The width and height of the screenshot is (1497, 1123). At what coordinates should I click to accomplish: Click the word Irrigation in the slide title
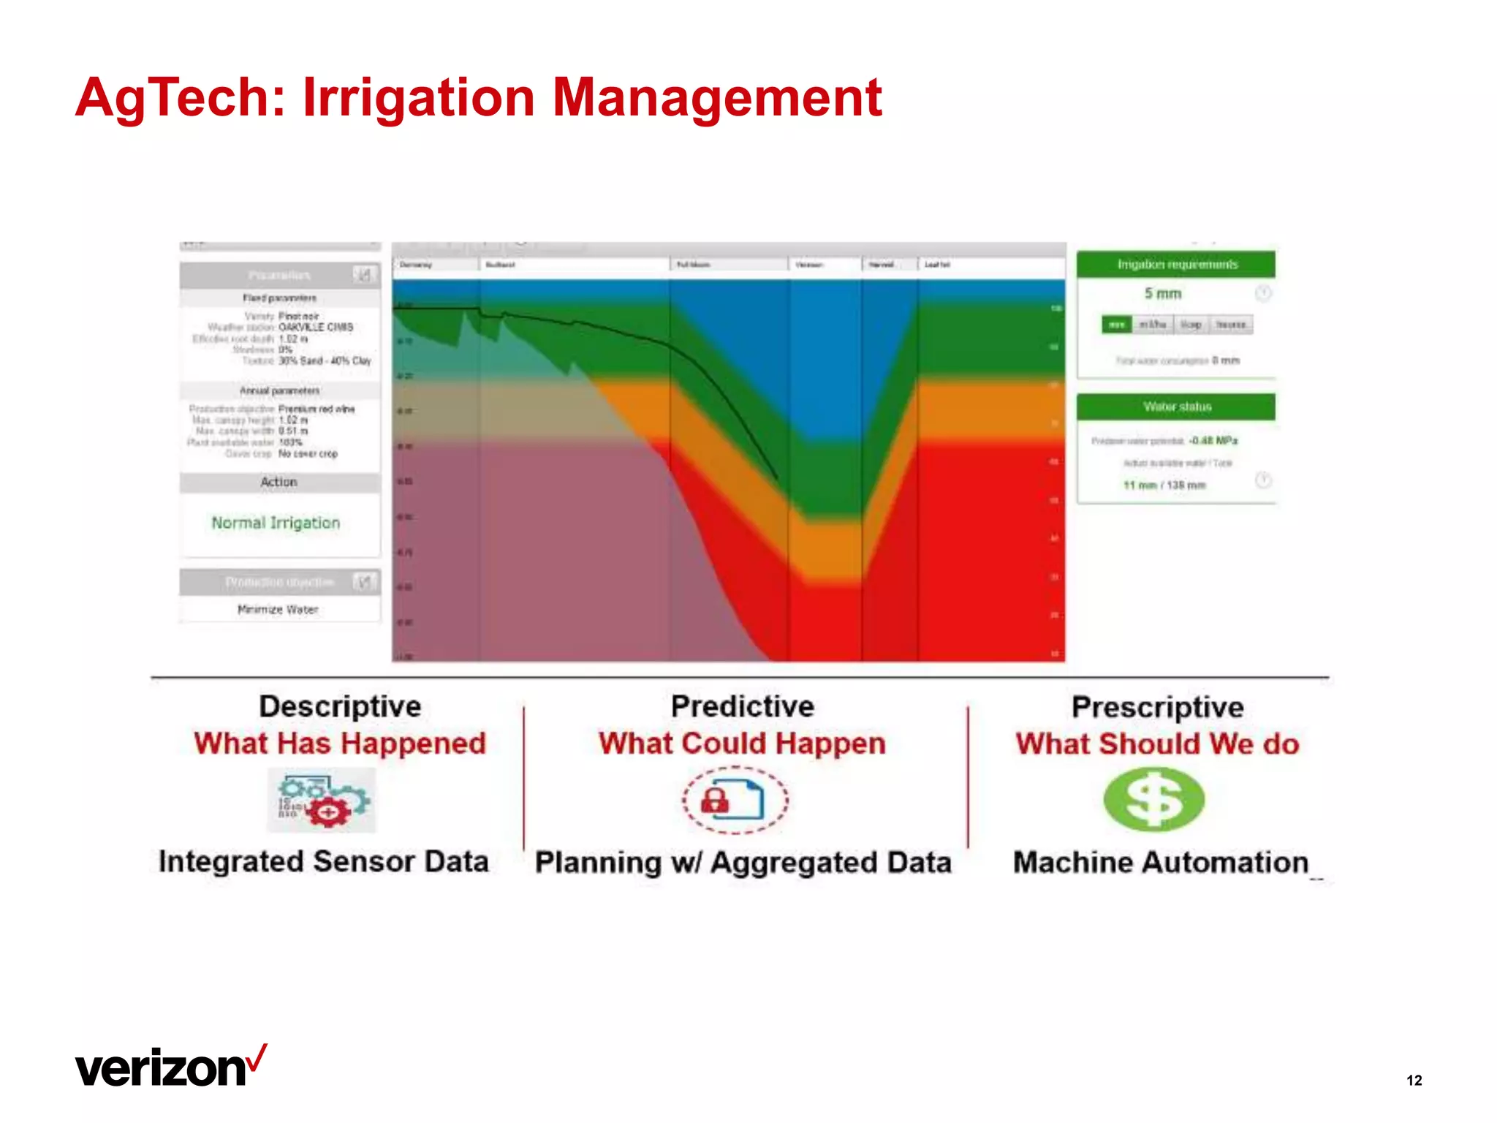(x=418, y=98)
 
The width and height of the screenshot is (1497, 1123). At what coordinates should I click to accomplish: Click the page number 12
(x=1414, y=1081)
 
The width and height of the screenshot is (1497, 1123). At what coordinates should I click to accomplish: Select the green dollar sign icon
(x=1153, y=799)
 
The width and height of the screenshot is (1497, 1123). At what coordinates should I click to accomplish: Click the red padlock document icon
(x=735, y=800)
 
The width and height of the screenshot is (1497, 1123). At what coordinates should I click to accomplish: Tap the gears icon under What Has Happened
(x=322, y=801)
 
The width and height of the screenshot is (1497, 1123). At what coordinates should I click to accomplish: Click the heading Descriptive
(x=340, y=706)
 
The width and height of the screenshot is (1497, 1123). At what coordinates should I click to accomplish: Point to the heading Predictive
(x=742, y=706)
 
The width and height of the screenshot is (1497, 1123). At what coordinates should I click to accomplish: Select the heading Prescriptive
(x=1157, y=707)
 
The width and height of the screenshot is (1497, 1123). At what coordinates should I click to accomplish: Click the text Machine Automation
(x=1160, y=863)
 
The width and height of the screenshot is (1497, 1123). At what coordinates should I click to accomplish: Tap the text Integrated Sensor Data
(x=323, y=861)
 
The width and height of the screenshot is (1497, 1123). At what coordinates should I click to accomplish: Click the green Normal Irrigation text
(x=276, y=523)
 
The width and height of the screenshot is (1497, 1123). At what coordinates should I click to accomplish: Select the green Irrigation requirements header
(x=1176, y=265)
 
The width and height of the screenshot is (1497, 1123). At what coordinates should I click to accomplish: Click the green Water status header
(x=1176, y=407)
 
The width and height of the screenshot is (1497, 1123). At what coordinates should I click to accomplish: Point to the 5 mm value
(x=1162, y=293)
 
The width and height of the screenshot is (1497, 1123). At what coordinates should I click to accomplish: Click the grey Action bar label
(x=278, y=483)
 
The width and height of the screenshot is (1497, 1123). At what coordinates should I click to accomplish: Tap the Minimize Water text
(x=278, y=610)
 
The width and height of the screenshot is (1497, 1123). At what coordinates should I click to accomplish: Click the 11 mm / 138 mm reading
(x=1164, y=485)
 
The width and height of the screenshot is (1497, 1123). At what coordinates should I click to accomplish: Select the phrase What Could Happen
(x=742, y=744)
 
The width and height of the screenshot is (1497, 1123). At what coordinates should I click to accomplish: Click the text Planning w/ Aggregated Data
(x=743, y=863)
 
